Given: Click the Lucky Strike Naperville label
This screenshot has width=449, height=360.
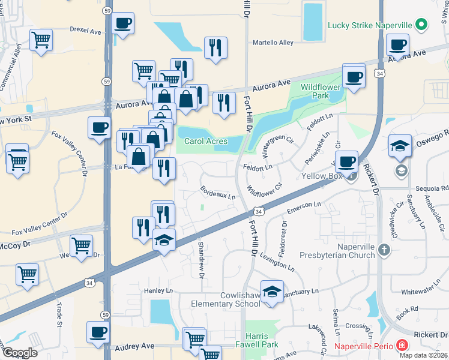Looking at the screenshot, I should point(371,25).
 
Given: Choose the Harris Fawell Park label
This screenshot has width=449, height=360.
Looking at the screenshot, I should point(265,341).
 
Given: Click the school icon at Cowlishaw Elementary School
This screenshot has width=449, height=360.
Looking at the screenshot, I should point(272,292).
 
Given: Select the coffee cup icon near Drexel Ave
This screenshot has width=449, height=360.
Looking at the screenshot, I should point(123,24).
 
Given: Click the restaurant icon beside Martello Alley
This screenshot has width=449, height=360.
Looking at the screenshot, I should point(215,47).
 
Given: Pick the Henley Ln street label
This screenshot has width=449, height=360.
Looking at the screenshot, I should point(158,291).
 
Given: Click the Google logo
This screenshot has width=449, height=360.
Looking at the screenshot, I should point(20,352).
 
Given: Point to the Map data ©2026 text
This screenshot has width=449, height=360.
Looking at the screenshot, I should point(424,355).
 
